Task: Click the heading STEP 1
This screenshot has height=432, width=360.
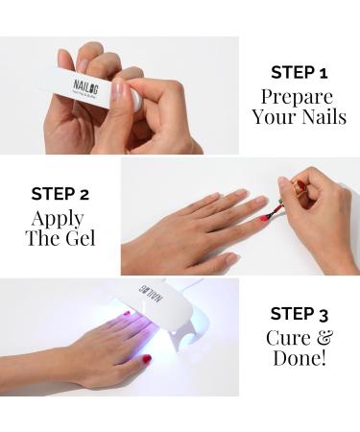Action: coord(300,73)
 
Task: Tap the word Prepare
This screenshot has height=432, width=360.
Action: coord(297,98)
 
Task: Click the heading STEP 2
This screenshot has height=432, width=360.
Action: coord(60,194)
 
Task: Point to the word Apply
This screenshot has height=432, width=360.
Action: coord(58,220)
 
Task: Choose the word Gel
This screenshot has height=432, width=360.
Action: coord(81,238)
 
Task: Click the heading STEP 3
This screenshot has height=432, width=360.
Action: coord(300,314)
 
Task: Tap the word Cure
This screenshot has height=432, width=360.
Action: coord(288,338)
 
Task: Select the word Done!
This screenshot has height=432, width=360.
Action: coord(300,357)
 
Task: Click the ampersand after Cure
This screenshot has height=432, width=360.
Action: coord(324,338)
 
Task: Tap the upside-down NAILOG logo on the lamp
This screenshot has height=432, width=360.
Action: coord(151,293)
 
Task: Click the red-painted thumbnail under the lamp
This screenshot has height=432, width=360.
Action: coord(147,359)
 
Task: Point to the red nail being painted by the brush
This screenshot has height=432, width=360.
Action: coord(265,218)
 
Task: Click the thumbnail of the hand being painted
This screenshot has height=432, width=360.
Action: coord(233,259)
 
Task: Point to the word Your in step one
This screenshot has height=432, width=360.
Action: coord(275,116)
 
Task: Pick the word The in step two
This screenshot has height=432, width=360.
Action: coord(43,238)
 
